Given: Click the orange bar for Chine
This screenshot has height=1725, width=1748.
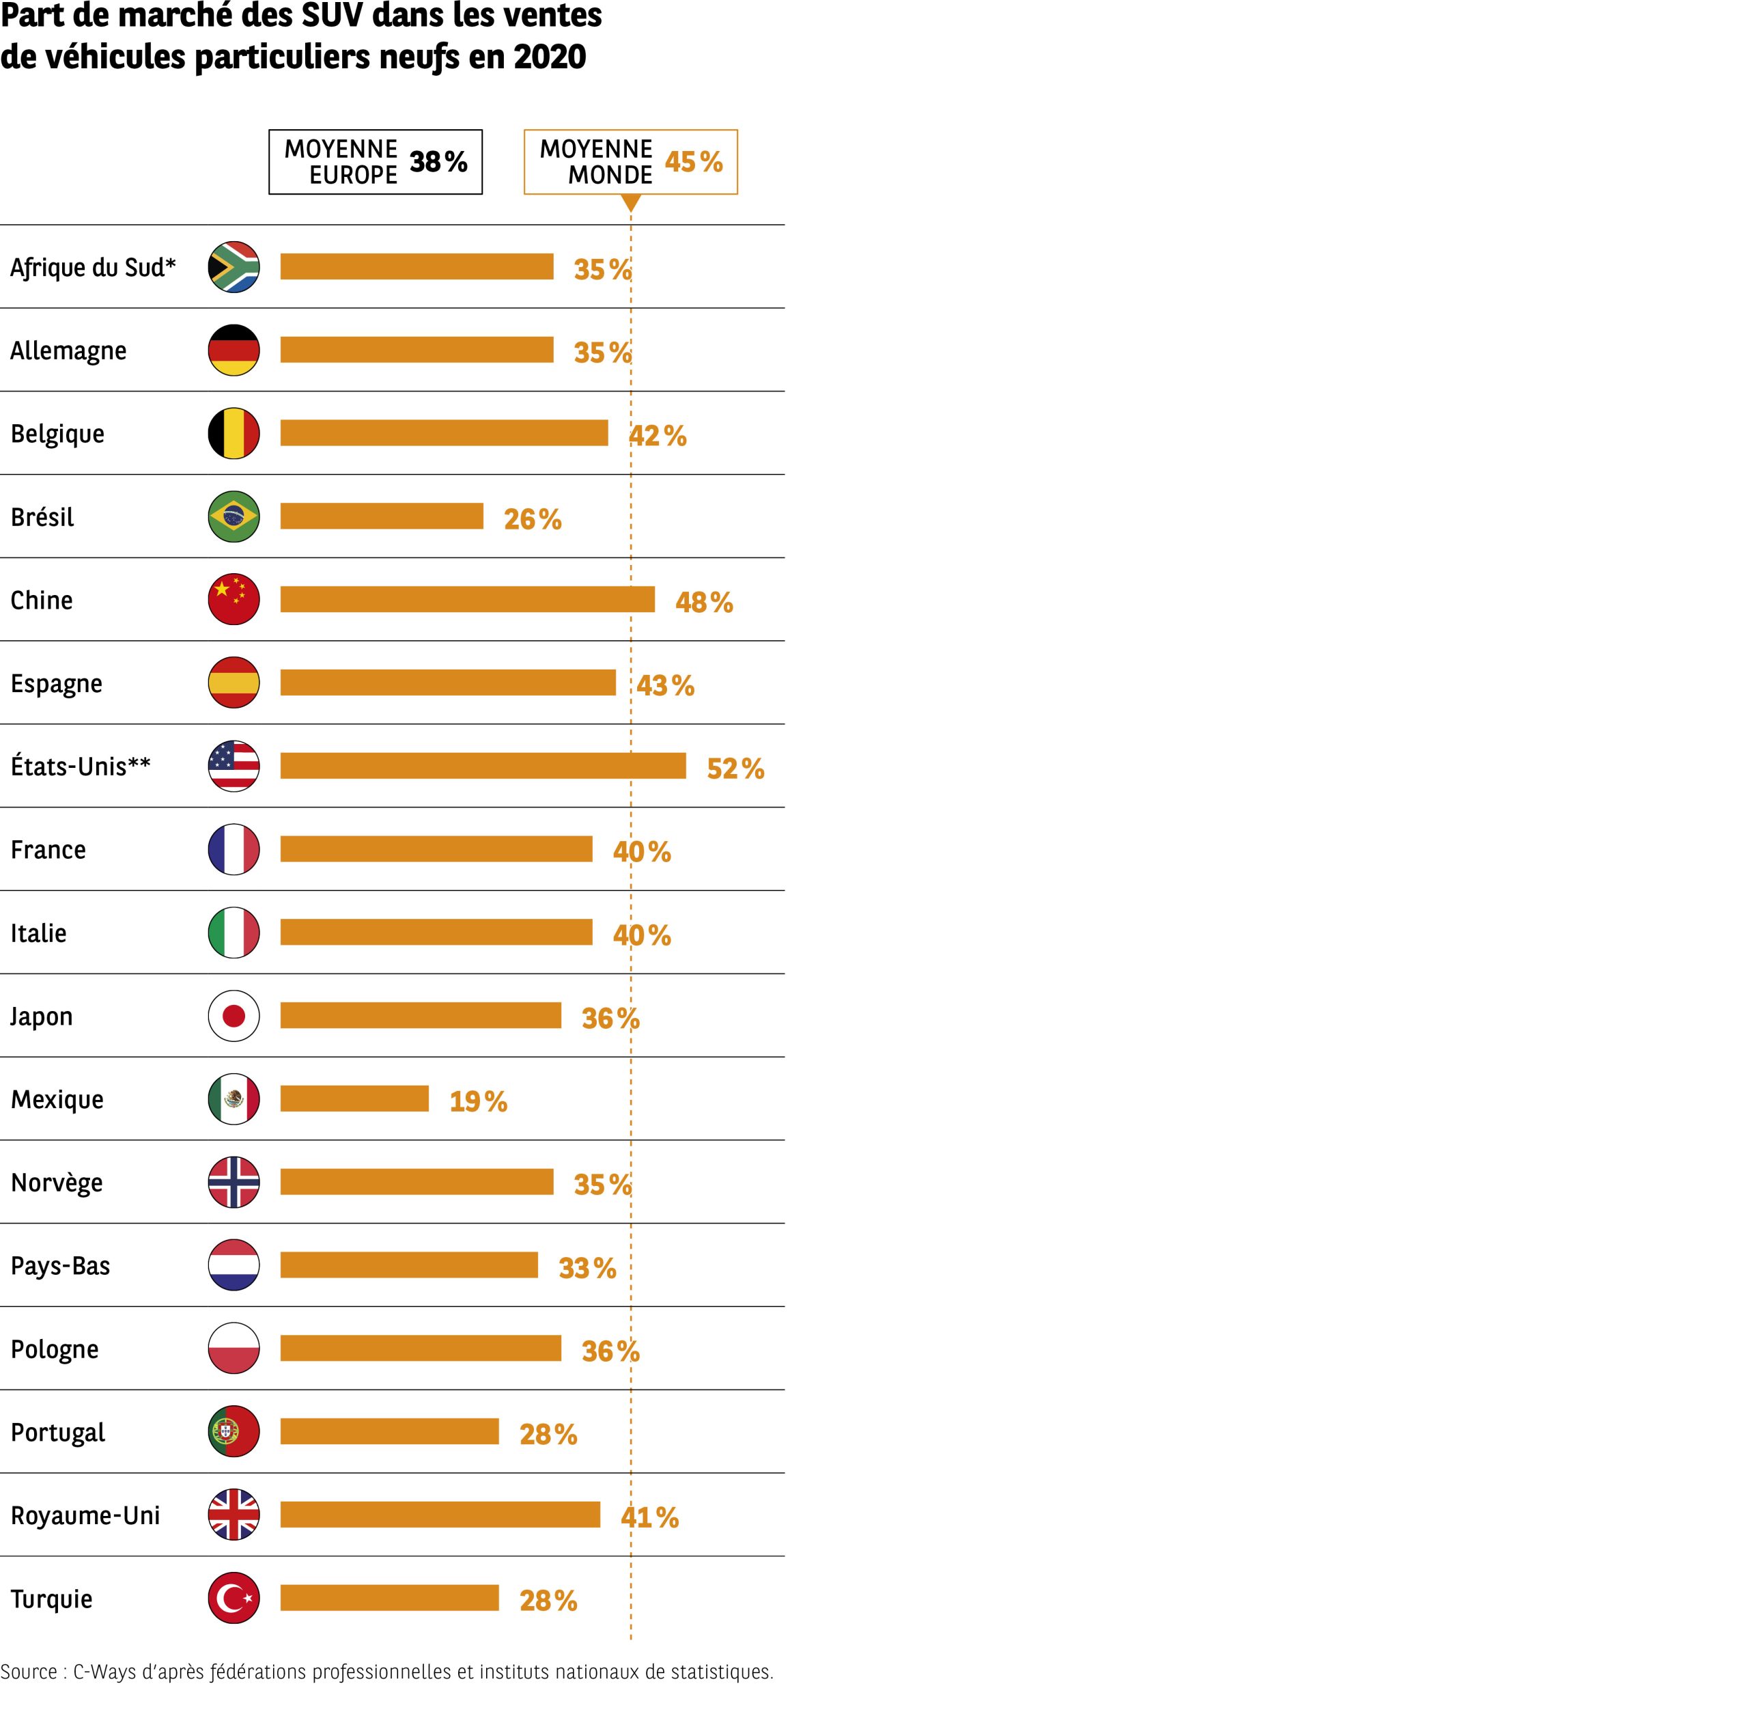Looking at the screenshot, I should click(467, 599).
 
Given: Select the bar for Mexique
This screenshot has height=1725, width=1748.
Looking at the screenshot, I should click(354, 1099).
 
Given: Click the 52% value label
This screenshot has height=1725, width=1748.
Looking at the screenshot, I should click(735, 769).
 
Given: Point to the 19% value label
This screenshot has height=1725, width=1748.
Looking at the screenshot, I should click(478, 1101).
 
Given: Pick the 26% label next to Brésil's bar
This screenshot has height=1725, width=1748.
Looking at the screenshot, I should click(532, 519).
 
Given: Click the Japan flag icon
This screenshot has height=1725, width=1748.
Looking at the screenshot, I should click(234, 1015).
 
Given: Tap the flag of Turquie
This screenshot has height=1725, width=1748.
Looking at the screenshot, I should click(234, 1599).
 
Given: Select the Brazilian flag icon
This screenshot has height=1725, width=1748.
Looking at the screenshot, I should click(234, 516).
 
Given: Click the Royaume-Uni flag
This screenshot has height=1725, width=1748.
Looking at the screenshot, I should click(234, 1515).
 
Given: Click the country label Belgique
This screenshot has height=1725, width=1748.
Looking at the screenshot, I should click(57, 434).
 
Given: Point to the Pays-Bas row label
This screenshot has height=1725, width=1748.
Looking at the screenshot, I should click(59, 1265).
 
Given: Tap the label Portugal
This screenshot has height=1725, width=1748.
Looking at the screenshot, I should click(57, 1433).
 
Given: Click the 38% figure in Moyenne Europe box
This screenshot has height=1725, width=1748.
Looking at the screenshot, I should click(438, 162).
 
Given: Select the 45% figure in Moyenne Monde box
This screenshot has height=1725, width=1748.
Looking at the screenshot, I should click(693, 162).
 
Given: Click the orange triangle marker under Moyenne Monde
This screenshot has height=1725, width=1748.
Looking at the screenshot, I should click(631, 204).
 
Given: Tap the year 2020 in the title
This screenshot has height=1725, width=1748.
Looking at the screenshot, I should click(549, 57).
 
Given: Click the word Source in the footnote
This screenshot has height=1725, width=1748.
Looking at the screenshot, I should click(28, 1672).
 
